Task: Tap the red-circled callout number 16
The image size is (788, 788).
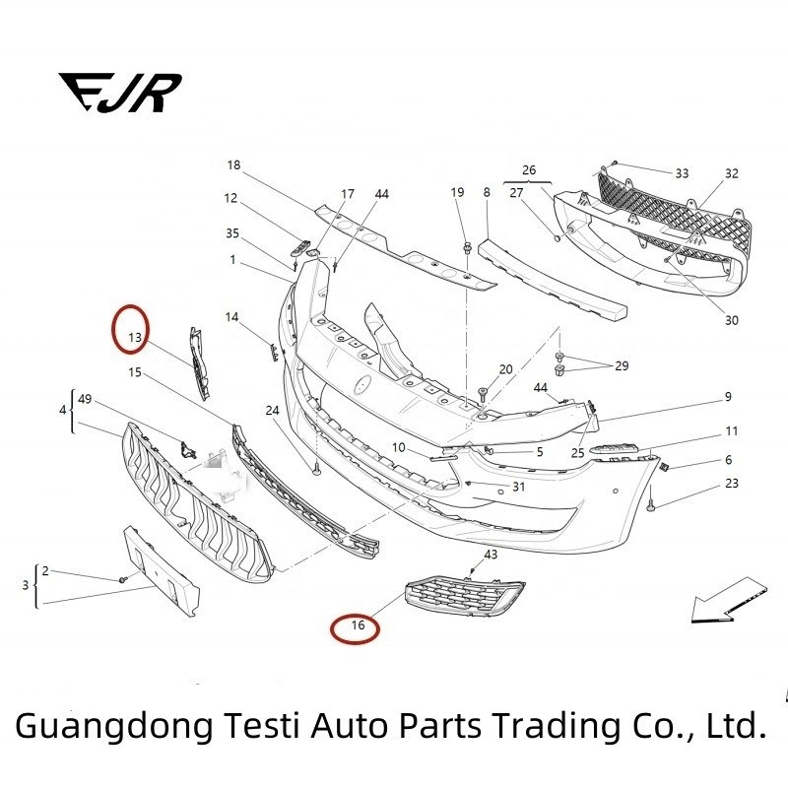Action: (x=357, y=624)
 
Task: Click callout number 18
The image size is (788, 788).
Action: (x=233, y=165)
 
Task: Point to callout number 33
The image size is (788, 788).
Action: (x=682, y=173)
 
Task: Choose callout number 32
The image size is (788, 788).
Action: (x=731, y=173)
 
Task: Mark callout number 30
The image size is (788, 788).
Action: (x=731, y=320)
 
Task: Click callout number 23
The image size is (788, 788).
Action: (x=731, y=484)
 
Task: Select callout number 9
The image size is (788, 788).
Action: (x=728, y=397)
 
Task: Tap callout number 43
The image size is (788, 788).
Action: (x=491, y=555)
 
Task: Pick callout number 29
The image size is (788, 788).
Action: (x=621, y=365)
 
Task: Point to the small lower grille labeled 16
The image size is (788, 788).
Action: (x=463, y=598)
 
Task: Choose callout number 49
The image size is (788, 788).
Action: (x=85, y=399)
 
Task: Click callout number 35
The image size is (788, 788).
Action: (x=232, y=233)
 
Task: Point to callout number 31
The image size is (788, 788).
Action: (x=518, y=487)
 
